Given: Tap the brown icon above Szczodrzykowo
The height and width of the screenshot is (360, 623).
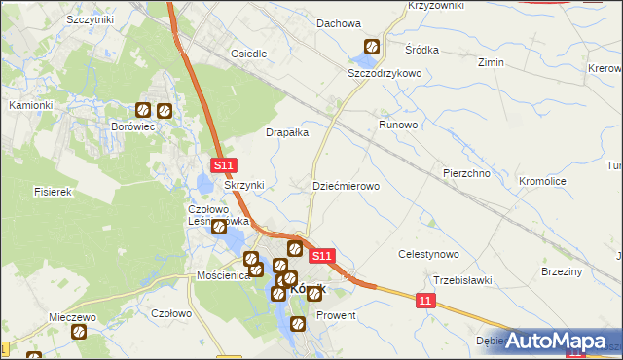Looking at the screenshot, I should [372, 47].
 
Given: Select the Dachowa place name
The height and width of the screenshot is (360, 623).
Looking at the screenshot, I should [339, 23].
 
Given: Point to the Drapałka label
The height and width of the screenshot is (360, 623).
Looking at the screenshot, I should [287, 132].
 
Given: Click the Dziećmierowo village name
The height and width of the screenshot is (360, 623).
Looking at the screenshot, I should [345, 185].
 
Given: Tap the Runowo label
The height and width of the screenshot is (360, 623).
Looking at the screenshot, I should [398, 126].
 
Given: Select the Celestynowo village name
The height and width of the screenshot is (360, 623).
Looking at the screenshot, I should [428, 254].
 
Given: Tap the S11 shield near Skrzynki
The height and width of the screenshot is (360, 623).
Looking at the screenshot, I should [224, 167].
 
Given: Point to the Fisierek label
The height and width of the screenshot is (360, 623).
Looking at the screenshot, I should [54, 193].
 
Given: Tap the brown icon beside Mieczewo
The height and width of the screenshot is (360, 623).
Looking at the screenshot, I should [79, 332].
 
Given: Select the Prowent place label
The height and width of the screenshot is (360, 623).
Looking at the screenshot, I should [337, 316].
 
